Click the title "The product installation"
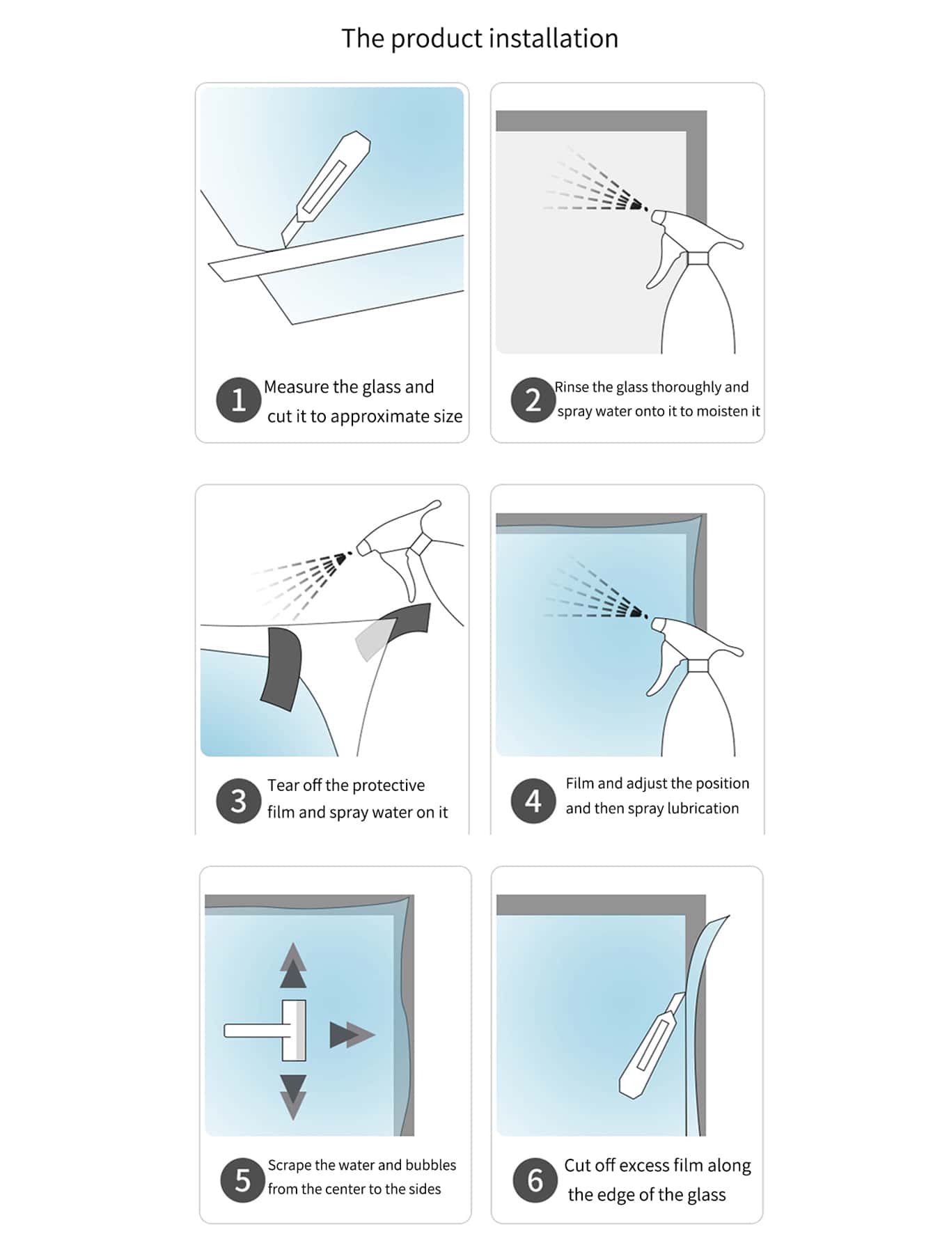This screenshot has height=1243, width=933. pyautogui.click(x=480, y=39)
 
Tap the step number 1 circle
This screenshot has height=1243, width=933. pyautogui.click(x=238, y=400)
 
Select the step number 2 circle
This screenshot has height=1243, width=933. pyautogui.click(x=533, y=400)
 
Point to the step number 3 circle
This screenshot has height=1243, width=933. pyautogui.click(x=238, y=801)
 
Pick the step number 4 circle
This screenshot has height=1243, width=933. pyautogui.click(x=533, y=801)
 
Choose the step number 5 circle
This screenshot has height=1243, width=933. pyautogui.click(x=242, y=1180)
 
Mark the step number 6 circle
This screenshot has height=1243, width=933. pyautogui.click(x=535, y=1180)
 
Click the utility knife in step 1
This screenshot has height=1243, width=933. pyautogui.click(x=326, y=189)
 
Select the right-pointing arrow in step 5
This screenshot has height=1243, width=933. pyautogui.click(x=352, y=1035)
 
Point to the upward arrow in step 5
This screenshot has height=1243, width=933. pyautogui.click(x=293, y=965)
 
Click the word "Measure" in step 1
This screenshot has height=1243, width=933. pyautogui.click(x=297, y=386)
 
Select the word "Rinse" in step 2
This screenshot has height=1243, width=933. pyautogui.click(x=572, y=387)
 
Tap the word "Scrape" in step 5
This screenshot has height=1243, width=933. pyautogui.click(x=290, y=1166)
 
